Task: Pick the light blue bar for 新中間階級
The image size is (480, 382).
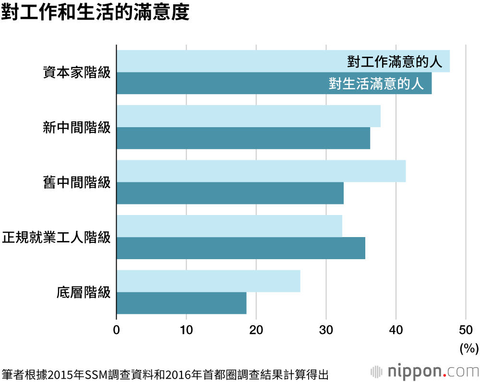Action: pos(248,116)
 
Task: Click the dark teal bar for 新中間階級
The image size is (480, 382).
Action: pos(243,138)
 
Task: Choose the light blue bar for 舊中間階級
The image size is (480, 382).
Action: pos(261,171)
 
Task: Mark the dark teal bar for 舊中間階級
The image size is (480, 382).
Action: pos(230,193)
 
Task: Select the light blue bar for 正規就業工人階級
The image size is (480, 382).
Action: pos(229,226)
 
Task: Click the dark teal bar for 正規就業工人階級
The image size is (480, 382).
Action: pos(240,248)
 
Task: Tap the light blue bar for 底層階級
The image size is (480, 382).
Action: pos(208,281)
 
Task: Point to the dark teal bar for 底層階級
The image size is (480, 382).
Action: pos(181,303)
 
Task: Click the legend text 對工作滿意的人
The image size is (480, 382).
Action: pos(394,61)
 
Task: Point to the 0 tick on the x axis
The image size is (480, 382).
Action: pos(117,330)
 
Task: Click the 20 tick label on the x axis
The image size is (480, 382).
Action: pos(256,330)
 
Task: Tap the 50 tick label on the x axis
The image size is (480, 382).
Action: pos(465,330)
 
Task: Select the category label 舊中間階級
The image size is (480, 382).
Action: pos(77,182)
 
